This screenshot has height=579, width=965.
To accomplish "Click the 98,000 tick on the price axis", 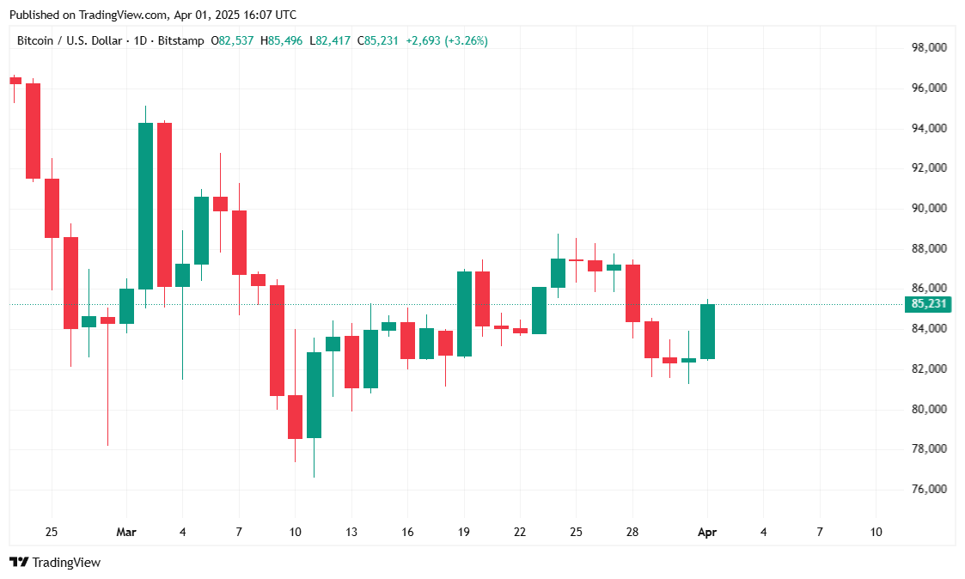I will (x=930, y=48).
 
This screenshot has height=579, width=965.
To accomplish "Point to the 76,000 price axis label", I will (x=930, y=490).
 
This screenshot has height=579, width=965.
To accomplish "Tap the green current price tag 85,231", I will (x=930, y=304).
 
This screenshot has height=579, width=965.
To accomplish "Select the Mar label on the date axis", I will (x=126, y=533).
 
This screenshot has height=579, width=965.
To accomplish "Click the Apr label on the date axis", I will (x=707, y=533).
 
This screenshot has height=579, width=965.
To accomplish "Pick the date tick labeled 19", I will (x=464, y=533).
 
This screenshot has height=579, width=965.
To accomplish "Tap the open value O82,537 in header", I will (x=232, y=40).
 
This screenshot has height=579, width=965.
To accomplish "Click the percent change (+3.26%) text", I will (x=466, y=40).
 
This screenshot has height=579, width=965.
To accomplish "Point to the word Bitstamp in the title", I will (x=181, y=40).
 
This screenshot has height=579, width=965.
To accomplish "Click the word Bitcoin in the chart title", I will (x=36, y=40).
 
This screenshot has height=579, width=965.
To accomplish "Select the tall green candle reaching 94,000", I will (x=145, y=206).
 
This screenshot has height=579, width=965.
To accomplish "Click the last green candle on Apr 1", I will (x=708, y=332).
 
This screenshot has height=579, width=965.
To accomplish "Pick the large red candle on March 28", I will (x=632, y=293).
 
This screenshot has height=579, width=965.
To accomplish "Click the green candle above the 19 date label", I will (x=464, y=314).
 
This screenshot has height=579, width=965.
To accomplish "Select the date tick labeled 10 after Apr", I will (x=876, y=533).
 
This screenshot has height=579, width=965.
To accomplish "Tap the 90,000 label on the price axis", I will (x=930, y=209).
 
